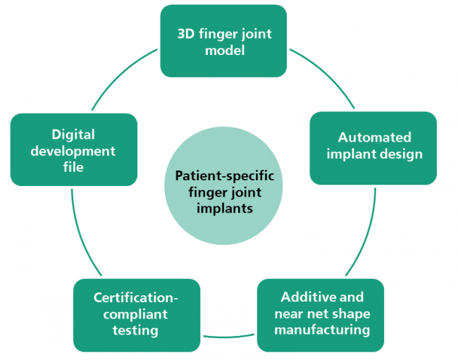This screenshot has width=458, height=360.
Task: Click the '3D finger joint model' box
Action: [223, 41]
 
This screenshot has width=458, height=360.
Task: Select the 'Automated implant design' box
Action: [373, 147]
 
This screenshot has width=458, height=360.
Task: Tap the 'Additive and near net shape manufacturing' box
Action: [320, 314]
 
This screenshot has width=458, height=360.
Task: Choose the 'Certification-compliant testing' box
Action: [137, 314]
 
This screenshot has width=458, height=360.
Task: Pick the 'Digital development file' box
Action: [73, 149]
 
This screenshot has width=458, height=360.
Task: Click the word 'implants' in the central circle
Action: [223, 209]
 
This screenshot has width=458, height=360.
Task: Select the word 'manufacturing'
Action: [321, 330]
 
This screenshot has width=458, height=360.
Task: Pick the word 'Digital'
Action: [73, 134]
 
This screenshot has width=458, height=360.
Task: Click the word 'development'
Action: [73, 150]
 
